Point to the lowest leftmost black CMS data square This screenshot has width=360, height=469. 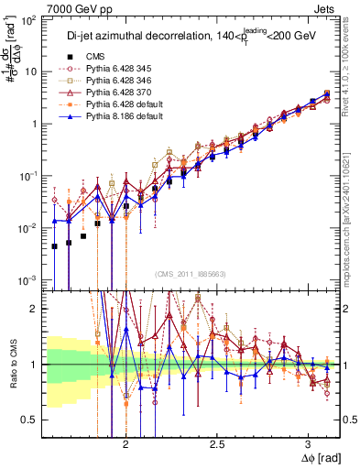click(55, 245)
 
